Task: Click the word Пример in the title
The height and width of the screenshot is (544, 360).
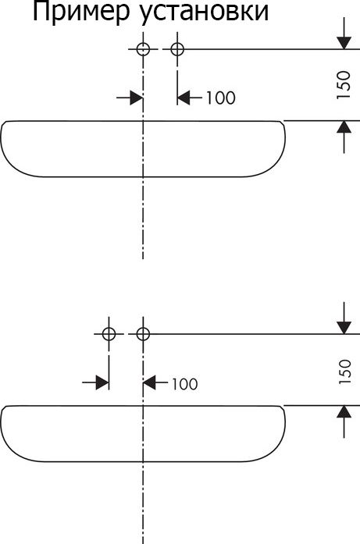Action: tap(81, 12)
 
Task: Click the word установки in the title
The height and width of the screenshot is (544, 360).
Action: tap(205, 12)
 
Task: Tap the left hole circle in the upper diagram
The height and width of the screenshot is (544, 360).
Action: tap(143, 49)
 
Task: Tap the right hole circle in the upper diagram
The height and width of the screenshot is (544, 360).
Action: tap(177, 49)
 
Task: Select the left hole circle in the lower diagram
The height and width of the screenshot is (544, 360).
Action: tap(109, 334)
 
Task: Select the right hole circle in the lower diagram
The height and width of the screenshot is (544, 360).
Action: tap(143, 334)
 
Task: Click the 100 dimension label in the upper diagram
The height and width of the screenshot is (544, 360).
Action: tap(221, 98)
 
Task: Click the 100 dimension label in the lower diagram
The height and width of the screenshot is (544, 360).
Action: tap(185, 384)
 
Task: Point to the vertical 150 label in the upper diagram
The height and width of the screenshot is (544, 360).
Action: tap(344, 85)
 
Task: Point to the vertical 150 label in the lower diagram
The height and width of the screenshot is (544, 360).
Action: tap(344, 372)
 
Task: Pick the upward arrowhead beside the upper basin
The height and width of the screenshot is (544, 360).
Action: tap(344, 127)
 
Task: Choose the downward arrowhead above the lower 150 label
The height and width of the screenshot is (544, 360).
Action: tap(344, 328)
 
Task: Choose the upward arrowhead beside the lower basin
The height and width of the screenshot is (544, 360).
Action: tap(344, 411)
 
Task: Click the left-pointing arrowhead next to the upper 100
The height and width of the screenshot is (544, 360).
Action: tap(184, 98)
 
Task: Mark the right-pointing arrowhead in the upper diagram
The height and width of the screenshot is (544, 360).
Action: tap(137, 98)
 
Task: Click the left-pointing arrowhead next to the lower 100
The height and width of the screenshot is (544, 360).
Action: tap(150, 383)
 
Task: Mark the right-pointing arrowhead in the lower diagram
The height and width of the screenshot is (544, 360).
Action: tap(102, 383)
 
